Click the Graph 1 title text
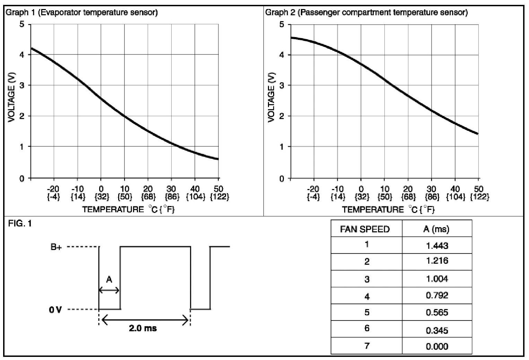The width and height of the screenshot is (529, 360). (82, 13)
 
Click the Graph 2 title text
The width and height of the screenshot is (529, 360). (366, 13)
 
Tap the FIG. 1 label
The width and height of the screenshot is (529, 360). (20, 224)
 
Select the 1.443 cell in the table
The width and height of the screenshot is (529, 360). (437, 246)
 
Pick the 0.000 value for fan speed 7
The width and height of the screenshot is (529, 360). (437, 346)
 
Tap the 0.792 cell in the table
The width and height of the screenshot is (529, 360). (437, 295)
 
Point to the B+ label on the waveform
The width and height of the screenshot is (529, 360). (56, 247)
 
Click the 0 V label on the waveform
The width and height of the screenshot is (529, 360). (55, 309)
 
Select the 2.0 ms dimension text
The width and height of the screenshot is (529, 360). (143, 328)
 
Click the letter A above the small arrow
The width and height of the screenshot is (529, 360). (109, 279)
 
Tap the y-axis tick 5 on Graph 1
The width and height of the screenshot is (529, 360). (23, 25)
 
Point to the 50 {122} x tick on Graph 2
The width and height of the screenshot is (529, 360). (479, 193)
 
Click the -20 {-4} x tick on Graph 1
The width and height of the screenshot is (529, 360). (53, 193)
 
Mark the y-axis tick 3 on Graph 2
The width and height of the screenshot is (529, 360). (282, 85)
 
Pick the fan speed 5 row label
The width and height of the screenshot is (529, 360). (367, 312)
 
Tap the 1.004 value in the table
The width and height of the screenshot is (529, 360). (437, 279)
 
